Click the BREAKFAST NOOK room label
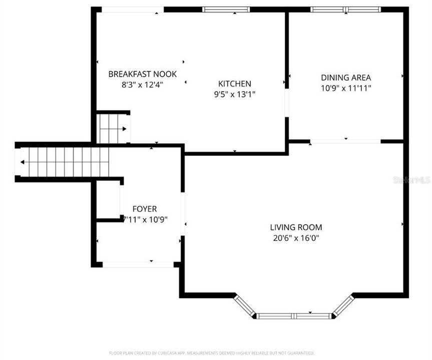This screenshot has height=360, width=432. (143, 74)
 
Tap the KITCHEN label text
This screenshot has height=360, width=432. (234, 83)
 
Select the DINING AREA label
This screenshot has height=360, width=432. (346, 77)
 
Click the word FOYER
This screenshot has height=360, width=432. (144, 208)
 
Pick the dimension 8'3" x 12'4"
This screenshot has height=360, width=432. (143, 84)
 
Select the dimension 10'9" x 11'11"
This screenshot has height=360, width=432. (346, 88)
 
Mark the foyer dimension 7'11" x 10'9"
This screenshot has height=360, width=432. (145, 219)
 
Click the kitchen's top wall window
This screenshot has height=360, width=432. (226, 9)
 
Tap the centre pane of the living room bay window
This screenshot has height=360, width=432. (294, 316)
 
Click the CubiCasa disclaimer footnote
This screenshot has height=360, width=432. (212, 353)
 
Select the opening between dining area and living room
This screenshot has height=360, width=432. (345, 141)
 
